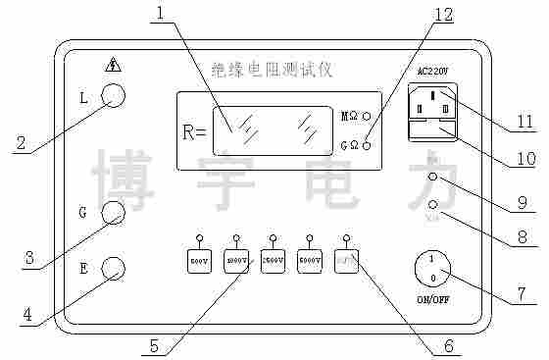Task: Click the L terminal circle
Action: pyautogui.click(x=115, y=95)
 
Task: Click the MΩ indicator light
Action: pyautogui.click(x=367, y=115)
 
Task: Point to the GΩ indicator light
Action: pyautogui.click(x=367, y=145)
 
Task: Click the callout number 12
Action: pyautogui.click(x=444, y=15)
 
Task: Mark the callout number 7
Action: pyautogui.click(x=523, y=291)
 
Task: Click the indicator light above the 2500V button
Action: pyautogui.click(x=274, y=236)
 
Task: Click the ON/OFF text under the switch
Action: pyautogui.click(x=432, y=298)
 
